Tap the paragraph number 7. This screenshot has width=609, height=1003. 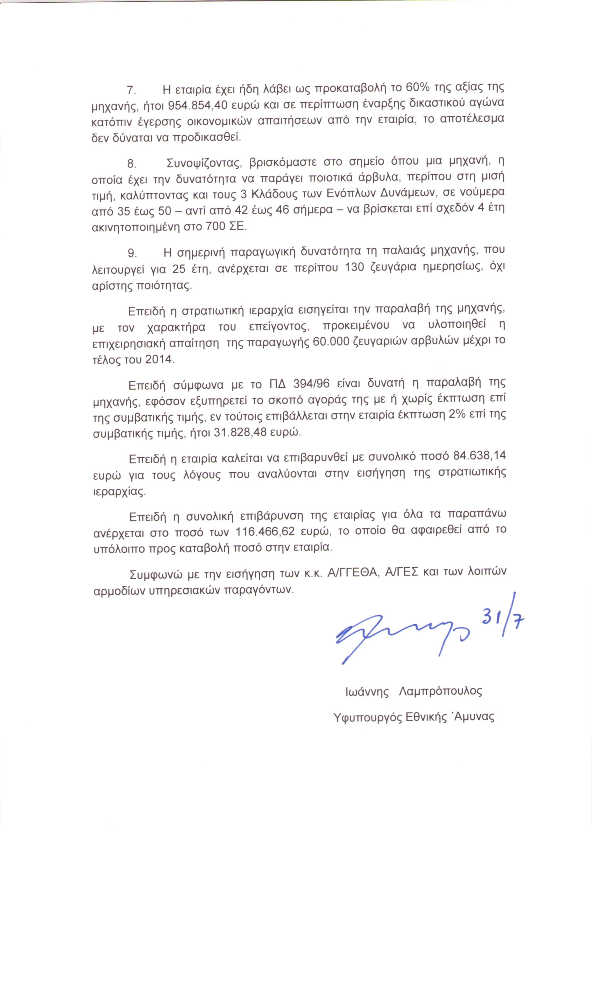[131, 89]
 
